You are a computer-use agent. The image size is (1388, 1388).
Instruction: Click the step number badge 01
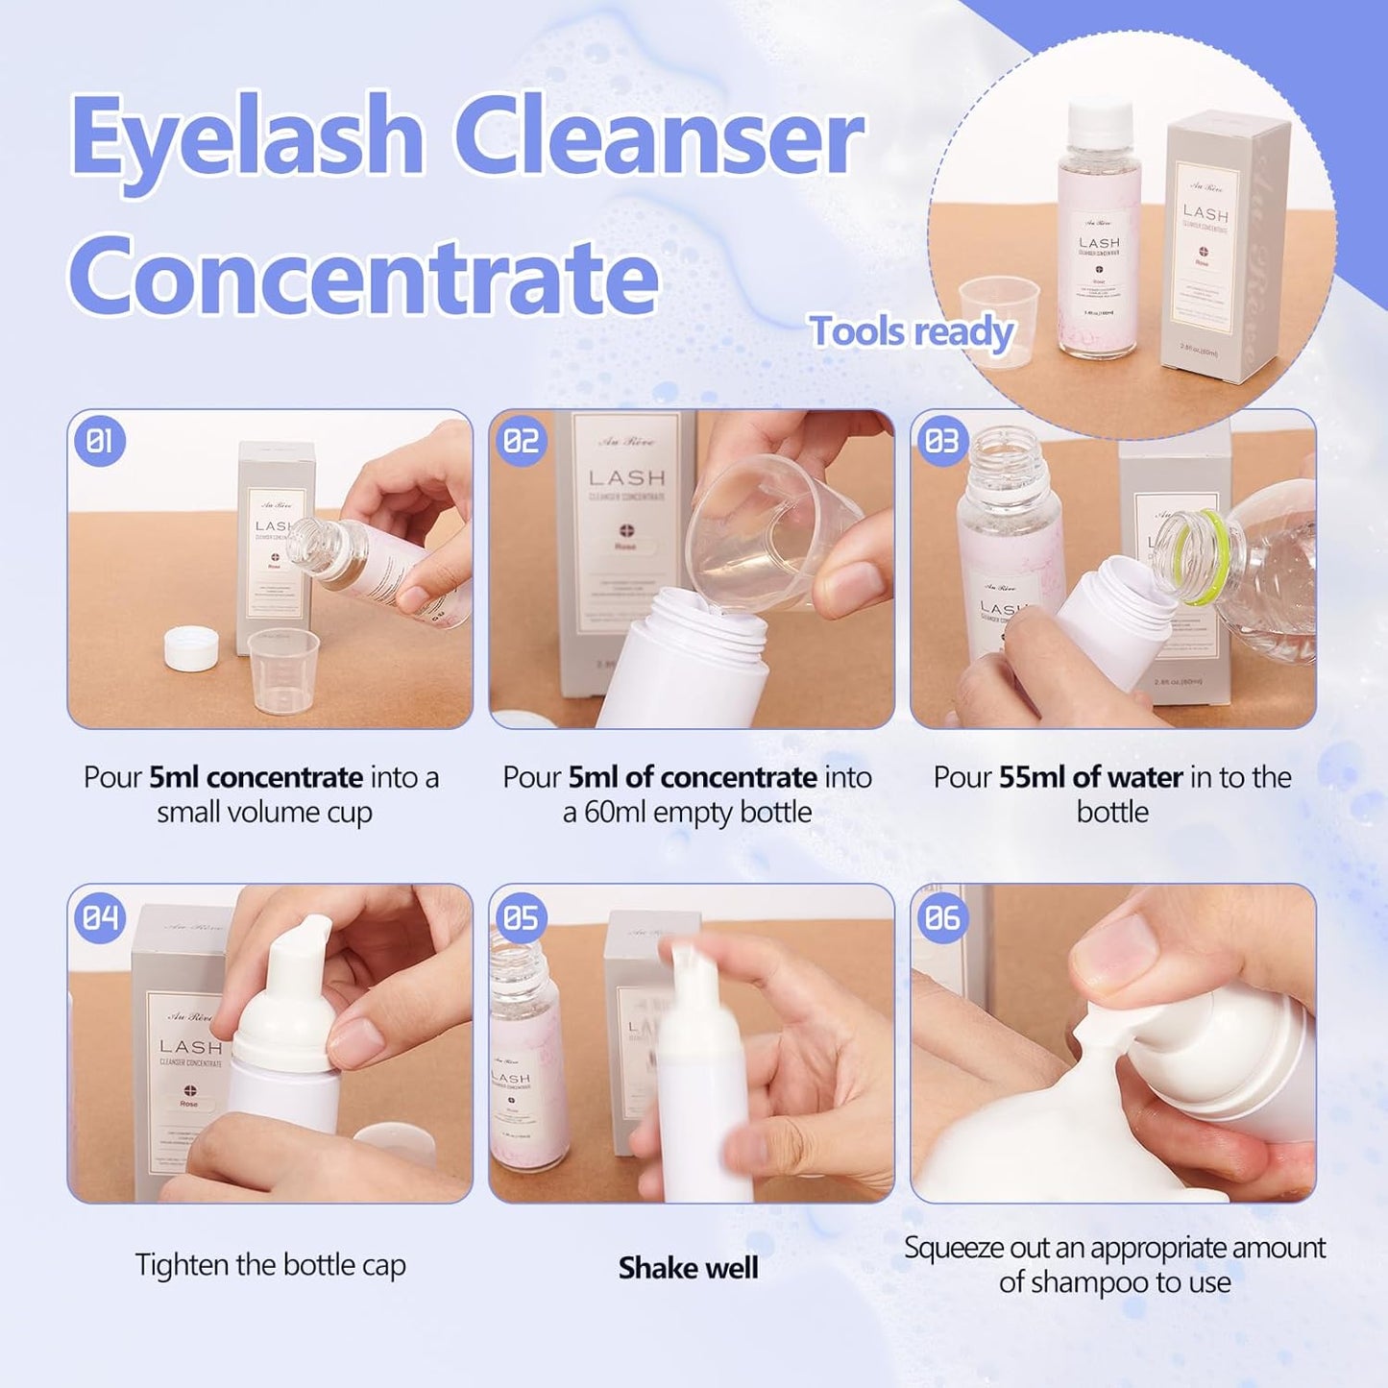pos(100,442)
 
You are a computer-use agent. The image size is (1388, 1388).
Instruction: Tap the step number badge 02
pos(522,442)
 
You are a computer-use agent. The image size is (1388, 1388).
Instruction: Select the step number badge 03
pos(942,442)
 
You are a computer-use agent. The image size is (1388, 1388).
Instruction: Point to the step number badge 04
pos(100,917)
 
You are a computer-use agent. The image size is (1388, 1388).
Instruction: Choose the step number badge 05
pos(522,917)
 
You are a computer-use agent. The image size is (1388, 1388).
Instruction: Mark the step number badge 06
pos(942,917)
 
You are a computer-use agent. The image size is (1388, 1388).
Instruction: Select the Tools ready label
pos(912,332)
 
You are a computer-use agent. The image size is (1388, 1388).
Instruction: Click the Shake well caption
pos(688,1268)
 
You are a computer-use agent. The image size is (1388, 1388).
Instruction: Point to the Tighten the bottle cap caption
pos(270,1265)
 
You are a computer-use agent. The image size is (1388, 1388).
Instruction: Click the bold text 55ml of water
pos(1090,777)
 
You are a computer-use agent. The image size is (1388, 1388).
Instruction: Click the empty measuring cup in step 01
pos(283,670)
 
